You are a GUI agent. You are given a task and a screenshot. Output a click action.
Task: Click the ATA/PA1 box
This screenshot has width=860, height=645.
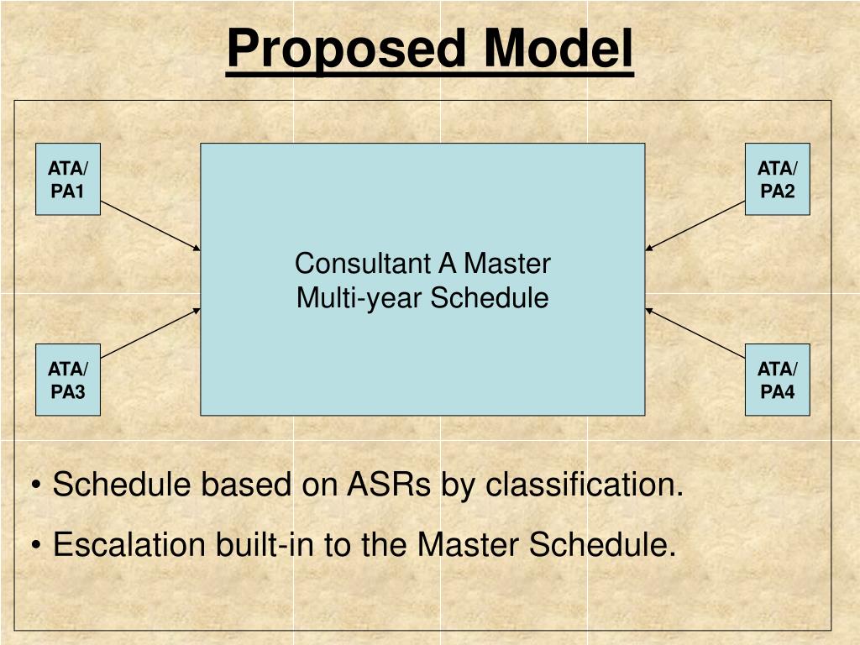click(x=68, y=179)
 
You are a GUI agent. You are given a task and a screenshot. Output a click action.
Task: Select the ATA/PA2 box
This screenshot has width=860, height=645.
click(x=777, y=179)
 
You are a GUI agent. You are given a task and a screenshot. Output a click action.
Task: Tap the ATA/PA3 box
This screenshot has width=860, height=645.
click(x=68, y=380)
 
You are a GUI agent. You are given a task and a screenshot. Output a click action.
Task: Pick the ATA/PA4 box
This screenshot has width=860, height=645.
click(x=777, y=380)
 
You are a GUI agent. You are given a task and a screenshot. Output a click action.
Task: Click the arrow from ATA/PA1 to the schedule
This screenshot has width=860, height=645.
click(x=151, y=226)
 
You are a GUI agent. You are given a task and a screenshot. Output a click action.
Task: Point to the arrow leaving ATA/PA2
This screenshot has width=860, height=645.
click(x=695, y=226)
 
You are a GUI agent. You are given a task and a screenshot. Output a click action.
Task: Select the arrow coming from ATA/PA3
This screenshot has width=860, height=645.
click(x=151, y=333)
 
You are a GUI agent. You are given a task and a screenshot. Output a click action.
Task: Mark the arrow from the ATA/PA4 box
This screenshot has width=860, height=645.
click(x=695, y=333)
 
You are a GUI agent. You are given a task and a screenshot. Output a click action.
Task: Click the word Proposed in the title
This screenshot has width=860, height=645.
click(x=345, y=50)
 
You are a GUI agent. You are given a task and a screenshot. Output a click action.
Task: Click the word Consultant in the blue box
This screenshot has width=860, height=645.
click(x=362, y=264)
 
